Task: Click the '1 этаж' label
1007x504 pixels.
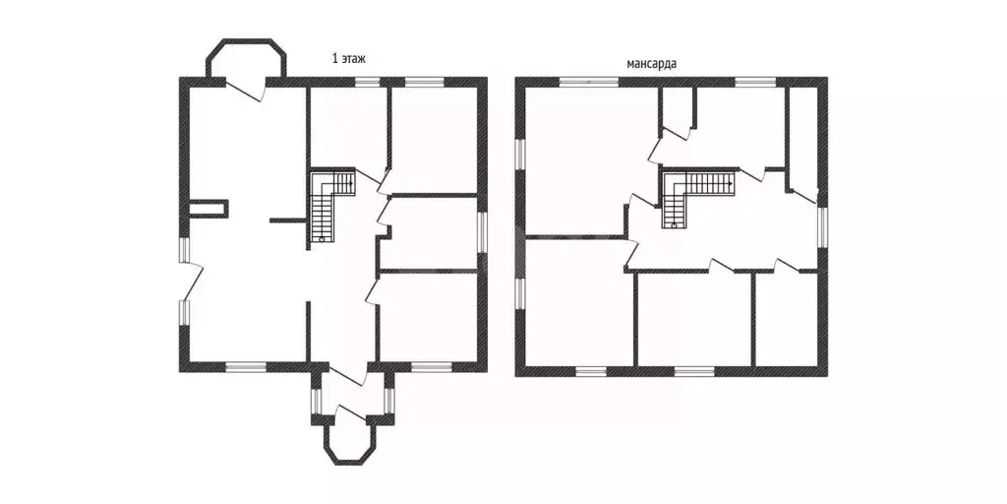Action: click(x=348, y=60)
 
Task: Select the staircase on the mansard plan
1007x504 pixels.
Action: click(x=697, y=197)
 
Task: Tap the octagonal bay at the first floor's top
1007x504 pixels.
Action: click(x=246, y=58)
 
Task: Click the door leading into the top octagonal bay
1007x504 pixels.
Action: click(x=245, y=91)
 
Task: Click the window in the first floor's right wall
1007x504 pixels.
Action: click(x=482, y=231)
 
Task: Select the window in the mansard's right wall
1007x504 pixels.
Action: click(x=822, y=226)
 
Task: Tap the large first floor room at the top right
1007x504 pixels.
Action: click(x=433, y=139)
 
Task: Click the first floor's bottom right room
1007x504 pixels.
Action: click(x=428, y=318)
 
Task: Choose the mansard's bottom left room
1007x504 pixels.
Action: click(x=579, y=303)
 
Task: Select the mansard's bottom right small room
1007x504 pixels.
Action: click(x=786, y=319)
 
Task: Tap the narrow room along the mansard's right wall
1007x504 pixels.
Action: click(x=802, y=137)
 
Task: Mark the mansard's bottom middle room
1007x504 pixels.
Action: click(x=694, y=320)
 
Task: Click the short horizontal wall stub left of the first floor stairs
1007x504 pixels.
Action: click(x=287, y=220)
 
